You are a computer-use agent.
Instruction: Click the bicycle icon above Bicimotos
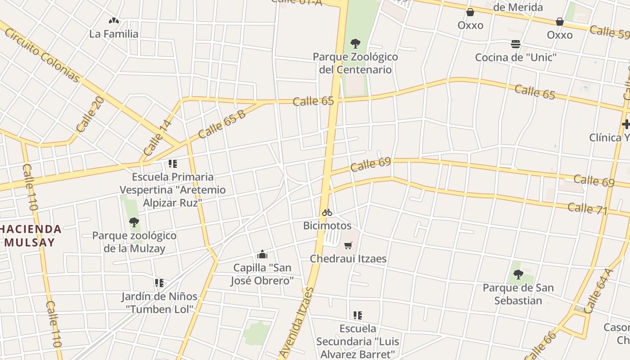(327, 212)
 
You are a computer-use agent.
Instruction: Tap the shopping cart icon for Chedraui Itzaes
(348, 245)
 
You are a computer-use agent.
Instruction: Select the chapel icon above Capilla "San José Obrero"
(262, 255)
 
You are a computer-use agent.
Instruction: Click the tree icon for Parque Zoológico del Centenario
(355, 44)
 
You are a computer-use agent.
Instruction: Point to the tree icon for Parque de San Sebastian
(518, 274)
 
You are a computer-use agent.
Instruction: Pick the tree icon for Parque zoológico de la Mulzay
(134, 222)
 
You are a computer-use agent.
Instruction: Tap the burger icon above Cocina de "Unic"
(516, 44)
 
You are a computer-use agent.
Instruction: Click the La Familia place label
(114, 34)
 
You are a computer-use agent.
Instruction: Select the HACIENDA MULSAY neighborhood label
(31, 235)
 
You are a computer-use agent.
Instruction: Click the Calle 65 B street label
(222, 124)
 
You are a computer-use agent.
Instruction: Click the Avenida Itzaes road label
(296, 321)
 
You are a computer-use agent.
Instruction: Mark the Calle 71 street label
(587, 209)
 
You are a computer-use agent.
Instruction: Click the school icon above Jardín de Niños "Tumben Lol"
(159, 283)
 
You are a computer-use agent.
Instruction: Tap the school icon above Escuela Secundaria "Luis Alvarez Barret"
(358, 315)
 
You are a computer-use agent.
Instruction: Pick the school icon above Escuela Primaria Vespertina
(173, 163)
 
